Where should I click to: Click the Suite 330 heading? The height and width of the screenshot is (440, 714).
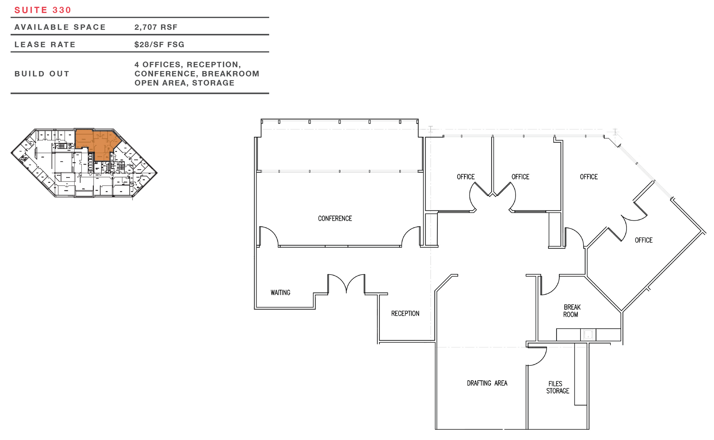click(x=43, y=10)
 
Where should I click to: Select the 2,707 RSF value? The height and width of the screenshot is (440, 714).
click(x=156, y=27)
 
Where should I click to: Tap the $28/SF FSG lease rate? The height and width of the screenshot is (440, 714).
click(x=160, y=45)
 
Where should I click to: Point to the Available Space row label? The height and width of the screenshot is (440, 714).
click(x=60, y=27)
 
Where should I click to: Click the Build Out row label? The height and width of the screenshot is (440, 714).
click(x=42, y=74)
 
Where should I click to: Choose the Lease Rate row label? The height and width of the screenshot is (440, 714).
click(x=45, y=45)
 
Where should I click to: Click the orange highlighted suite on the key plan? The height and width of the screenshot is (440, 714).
click(x=96, y=143)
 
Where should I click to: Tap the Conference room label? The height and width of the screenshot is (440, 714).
click(x=335, y=218)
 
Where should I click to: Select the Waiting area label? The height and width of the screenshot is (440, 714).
click(x=280, y=292)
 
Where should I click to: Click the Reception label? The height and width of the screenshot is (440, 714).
click(x=405, y=313)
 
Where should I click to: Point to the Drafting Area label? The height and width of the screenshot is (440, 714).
click(x=487, y=383)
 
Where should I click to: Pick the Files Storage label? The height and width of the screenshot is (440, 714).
click(x=558, y=387)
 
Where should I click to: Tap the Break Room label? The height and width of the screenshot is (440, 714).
click(x=572, y=311)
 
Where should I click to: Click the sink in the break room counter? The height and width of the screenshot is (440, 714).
click(x=588, y=335)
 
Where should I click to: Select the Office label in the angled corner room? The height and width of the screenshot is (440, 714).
click(x=644, y=240)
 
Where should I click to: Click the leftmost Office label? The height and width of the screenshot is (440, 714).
click(x=466, y=177)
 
